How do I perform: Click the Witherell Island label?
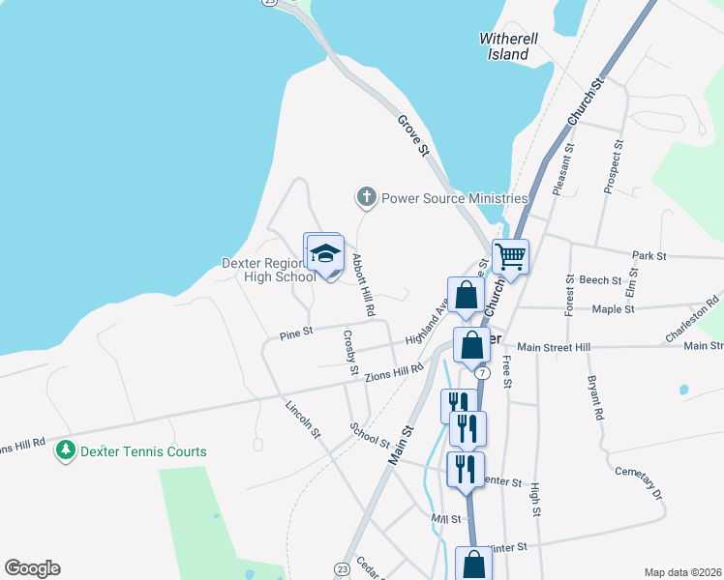[505, 46]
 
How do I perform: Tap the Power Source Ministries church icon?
[366, 198]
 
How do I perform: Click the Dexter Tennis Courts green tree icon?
[66, 450]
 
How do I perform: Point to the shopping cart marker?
[510, 256]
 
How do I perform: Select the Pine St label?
[296, 333]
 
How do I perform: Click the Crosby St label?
[350, 353]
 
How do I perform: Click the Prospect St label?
[613, 165]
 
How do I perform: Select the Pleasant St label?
[563, 170]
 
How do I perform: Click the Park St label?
[649, 256]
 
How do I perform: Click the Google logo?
[33, 568]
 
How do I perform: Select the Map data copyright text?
[682, 571]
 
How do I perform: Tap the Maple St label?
[613, 309]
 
